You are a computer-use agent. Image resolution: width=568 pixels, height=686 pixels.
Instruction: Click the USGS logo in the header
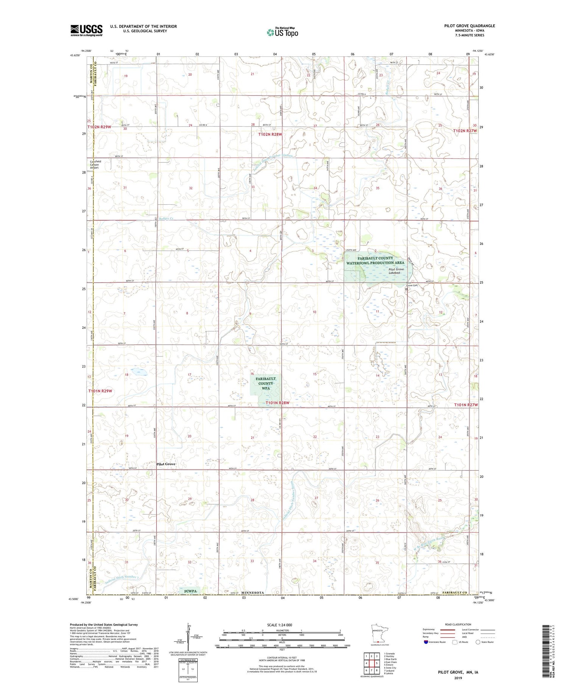click(86, 30)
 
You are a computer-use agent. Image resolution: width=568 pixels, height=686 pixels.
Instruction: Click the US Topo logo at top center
click(282, 32)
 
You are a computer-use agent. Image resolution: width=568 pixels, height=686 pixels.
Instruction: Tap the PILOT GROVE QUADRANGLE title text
click(470, 26)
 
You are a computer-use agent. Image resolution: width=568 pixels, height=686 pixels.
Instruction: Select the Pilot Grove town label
click(166, 464)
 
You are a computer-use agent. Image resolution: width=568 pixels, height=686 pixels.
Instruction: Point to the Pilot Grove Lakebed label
click(396, 271)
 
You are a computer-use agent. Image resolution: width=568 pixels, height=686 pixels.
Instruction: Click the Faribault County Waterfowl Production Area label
click(375, 260)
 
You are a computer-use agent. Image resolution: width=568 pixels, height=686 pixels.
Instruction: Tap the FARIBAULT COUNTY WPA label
click(265, 383)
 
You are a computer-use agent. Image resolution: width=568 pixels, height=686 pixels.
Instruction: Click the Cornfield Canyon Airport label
click(95, 165)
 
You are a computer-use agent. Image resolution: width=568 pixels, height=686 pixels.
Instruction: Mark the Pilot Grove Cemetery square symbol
click(406, 289)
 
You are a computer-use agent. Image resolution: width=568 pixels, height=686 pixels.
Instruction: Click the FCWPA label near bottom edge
click(190, 590)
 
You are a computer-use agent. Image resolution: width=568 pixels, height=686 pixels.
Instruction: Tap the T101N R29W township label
click(100, 391)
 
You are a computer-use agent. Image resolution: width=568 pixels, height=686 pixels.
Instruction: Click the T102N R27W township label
click(465, 131)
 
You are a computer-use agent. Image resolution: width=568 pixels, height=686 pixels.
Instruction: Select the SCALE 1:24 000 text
click(279, 625)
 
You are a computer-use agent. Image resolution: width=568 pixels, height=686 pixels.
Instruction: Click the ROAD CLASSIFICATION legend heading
click(458, 624)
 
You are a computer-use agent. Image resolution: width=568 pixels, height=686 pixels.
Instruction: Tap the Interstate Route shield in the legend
click(426, 642)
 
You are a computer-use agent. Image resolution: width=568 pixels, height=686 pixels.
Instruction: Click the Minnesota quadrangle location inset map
click(379, 634)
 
